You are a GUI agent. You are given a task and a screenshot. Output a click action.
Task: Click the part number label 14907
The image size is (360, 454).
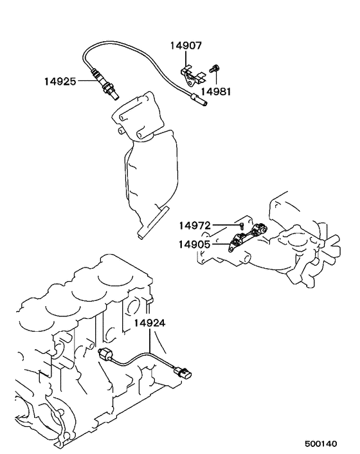[186, 46]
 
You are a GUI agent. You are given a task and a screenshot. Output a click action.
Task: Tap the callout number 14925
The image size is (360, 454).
[60, 82]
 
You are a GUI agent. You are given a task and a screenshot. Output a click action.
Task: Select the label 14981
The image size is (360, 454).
[216, 92]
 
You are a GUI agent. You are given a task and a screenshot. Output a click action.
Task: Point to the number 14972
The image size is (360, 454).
[195, 225]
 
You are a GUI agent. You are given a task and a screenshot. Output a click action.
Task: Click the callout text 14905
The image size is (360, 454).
[195, 244]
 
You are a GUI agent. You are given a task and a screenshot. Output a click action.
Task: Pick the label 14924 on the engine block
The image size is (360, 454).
[150, 323]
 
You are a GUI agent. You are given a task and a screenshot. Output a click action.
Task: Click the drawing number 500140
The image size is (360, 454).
[321, 444]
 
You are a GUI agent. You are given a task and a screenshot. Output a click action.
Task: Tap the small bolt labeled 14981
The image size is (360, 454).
[215, 69]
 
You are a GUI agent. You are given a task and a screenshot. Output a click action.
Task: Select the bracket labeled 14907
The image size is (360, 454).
[192, 76]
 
